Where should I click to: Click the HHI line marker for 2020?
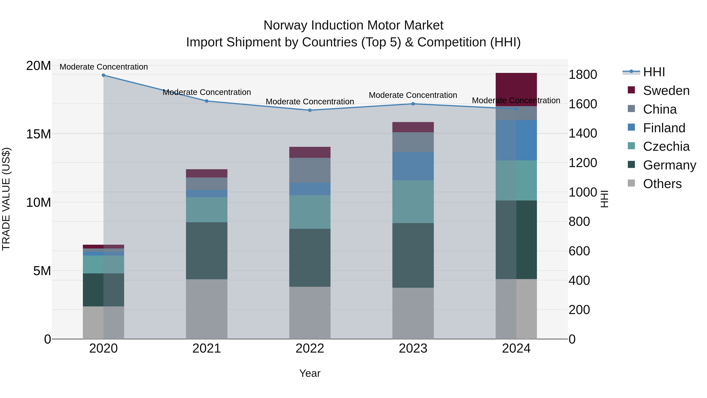pyautogui.click(x=103, y=75)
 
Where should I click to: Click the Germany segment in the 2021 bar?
pyautogui.click(x=207, y=251)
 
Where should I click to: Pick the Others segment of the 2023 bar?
pyautogui.click(x=413, y=313)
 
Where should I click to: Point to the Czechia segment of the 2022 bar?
pyautogui.click(x=310, y=212)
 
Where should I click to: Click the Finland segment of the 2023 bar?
pyautogui.click(x=413, y=166)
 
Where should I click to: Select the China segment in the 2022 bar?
pyautogui.click(x=310, y=170)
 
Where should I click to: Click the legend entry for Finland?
pyautogui.click(x=664, y=128)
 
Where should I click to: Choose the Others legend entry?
pyautogui.click(x=662, y=184)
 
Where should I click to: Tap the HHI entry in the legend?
pyautogui.click(x=654, y=72)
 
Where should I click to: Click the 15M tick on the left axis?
pyautogui.click(x=38, y=134)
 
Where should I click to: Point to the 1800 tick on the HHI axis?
pyautogui.click(x=583, y=75)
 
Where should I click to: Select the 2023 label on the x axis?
pyautogui.click(x=413, y=348)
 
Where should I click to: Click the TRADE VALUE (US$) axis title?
pyautogui.click(x=6, y=199)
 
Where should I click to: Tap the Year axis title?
pyautogui.click(x=310, y=373)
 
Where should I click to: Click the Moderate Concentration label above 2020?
pyautogui.click(x=103, y=67)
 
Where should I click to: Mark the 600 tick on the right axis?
pyautogui.click(x=579, y=251)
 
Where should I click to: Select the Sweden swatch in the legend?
pyautogui.click(x=631, y=90)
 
